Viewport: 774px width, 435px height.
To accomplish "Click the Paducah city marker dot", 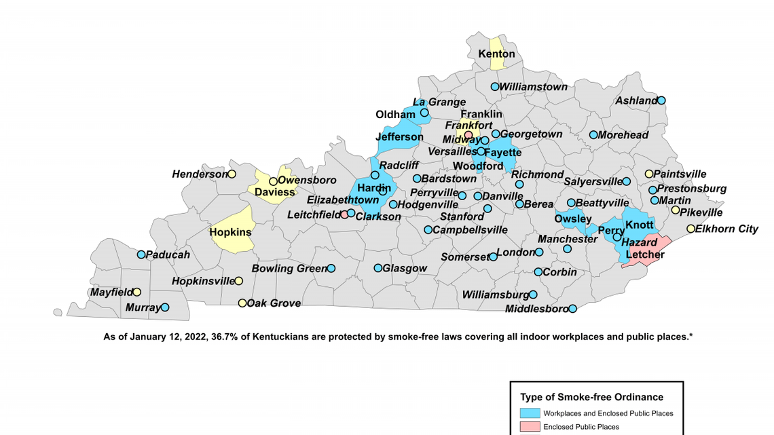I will tap(141, 254).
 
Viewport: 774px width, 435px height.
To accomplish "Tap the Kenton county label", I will tap(496, 54).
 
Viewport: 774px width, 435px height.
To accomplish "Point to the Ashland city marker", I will tap(661, 100).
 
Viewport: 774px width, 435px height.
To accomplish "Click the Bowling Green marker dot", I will tap(331, 268).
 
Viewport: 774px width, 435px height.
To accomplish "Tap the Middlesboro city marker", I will tap(572, 309).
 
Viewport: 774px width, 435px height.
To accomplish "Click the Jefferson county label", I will tap(399, 137).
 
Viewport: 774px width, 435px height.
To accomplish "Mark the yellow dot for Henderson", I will tap(232, 174).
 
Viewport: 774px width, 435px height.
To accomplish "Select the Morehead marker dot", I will tap(593, 135).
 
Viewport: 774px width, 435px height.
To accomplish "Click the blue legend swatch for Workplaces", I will tap(530, 413).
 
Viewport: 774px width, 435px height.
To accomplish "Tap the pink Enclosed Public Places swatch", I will tap(530, 427).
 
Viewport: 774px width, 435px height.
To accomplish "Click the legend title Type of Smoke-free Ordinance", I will tap(591, 397).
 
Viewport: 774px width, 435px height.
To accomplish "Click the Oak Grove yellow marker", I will tap(242, 303).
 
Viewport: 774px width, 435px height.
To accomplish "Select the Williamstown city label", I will tap(534, 87).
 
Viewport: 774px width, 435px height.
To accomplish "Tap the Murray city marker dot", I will tap(164, 307).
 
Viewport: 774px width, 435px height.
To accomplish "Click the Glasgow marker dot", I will tap(378, 268).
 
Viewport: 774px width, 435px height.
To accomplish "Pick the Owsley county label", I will tap(573, 219).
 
